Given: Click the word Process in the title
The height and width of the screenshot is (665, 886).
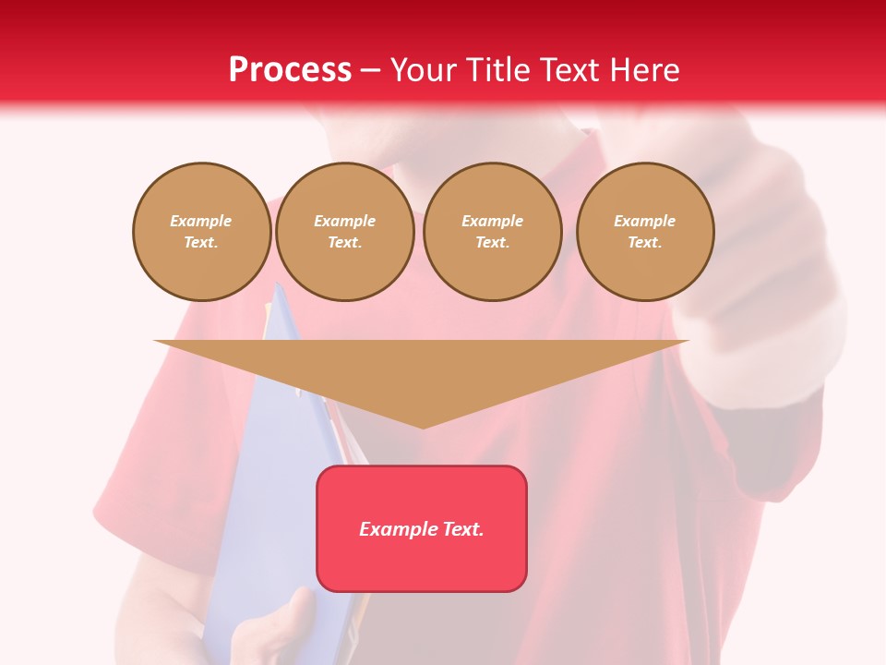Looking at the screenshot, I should (x=290, y=70).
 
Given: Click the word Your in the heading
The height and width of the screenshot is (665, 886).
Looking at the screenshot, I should (x=425, y=70).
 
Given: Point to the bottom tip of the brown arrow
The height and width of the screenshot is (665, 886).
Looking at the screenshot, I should (x=423, y=427).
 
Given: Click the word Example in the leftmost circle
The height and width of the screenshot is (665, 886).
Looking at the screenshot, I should (x=201, y=221).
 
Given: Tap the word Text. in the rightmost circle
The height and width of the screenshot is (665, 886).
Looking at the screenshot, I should (x=645, y=242).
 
